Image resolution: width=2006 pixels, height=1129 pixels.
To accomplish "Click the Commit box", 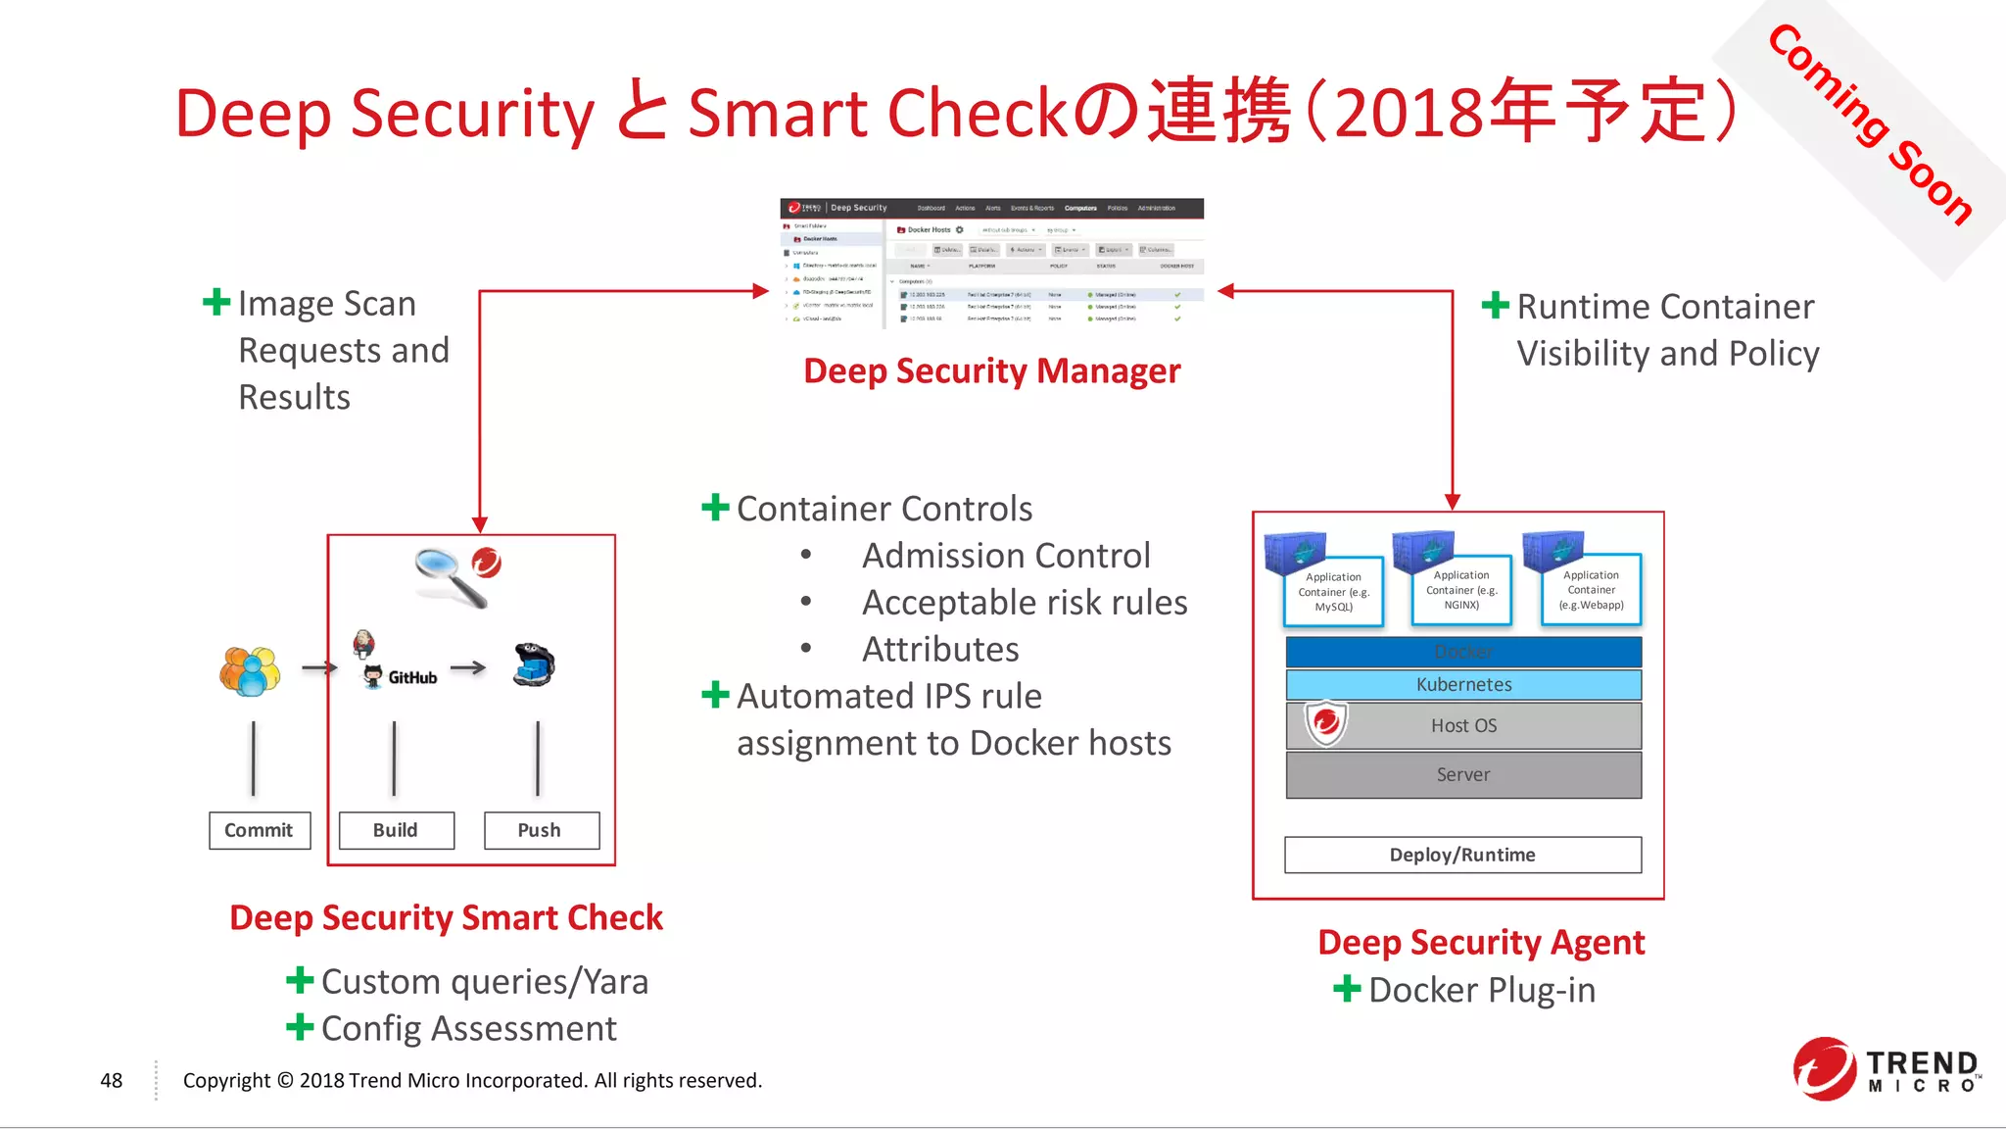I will (x=260, y=830).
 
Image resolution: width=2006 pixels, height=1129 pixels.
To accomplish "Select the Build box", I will (x=396, y=830).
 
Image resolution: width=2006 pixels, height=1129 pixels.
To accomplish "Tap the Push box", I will (x=541, y=830).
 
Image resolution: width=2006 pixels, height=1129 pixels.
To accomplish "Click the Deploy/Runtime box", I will (x=1462, y=855).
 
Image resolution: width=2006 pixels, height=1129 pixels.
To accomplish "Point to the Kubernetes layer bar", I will (x=1463, y=684).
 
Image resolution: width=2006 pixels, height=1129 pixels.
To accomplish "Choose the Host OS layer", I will (x=1463, y=725).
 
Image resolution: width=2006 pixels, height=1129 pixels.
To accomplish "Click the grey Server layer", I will (x=1463, y=774).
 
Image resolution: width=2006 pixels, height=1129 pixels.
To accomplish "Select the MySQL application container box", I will (x=1333, y=592).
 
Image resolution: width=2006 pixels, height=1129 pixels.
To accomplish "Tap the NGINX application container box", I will (x=1461, y=590).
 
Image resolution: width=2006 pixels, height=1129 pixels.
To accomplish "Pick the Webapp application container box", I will (x=1591, y=590).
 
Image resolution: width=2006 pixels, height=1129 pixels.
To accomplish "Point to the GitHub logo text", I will (x=411, y=677).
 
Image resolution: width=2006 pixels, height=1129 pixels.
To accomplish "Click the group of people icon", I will (x=250, y=671).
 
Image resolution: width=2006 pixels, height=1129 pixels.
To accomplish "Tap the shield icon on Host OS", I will (x=1326, y=723).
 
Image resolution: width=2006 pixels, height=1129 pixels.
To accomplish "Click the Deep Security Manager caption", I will (x=991, y=371).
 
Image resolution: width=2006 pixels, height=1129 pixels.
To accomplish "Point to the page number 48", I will (x=111, y=1080).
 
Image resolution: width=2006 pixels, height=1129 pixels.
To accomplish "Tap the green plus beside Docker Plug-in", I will (x=1347, y=988).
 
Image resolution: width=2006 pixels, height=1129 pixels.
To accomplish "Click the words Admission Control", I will (x=1005, y=556).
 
